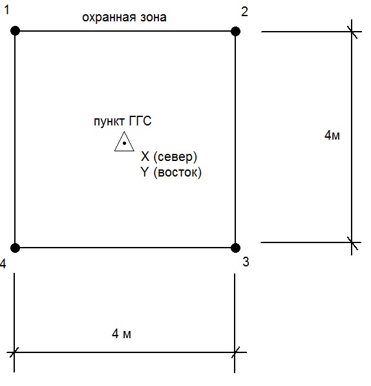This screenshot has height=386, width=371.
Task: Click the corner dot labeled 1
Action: (16, 31)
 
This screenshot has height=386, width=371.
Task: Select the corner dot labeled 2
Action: (235, 31)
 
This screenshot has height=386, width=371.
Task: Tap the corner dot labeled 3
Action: (235, 248)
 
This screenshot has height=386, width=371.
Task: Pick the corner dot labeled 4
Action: (15, 248)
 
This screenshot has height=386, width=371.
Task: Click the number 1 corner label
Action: (7, 10)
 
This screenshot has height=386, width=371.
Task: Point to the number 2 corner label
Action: (244, 12)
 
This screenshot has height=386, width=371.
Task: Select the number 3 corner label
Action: (246, 262)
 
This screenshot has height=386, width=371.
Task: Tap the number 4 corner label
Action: (3, 264)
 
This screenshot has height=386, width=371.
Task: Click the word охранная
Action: (109, 17)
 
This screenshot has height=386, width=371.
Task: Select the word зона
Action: (153, 17)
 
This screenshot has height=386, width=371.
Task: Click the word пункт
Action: (109, 122)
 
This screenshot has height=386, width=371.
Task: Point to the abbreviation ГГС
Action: (140, 121)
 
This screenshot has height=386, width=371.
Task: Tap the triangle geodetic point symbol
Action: (124, 142)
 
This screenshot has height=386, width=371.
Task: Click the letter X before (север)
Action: (145, 156)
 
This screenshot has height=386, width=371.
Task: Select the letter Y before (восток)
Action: (145, 172)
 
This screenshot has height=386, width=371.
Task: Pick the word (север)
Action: (175, 157)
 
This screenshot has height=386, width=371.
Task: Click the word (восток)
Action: (177, 173)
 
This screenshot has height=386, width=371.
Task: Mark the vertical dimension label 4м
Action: (332, 135)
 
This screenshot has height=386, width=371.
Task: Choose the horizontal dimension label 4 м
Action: (122, 334)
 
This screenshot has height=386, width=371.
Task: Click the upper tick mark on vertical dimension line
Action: (352, 32)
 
